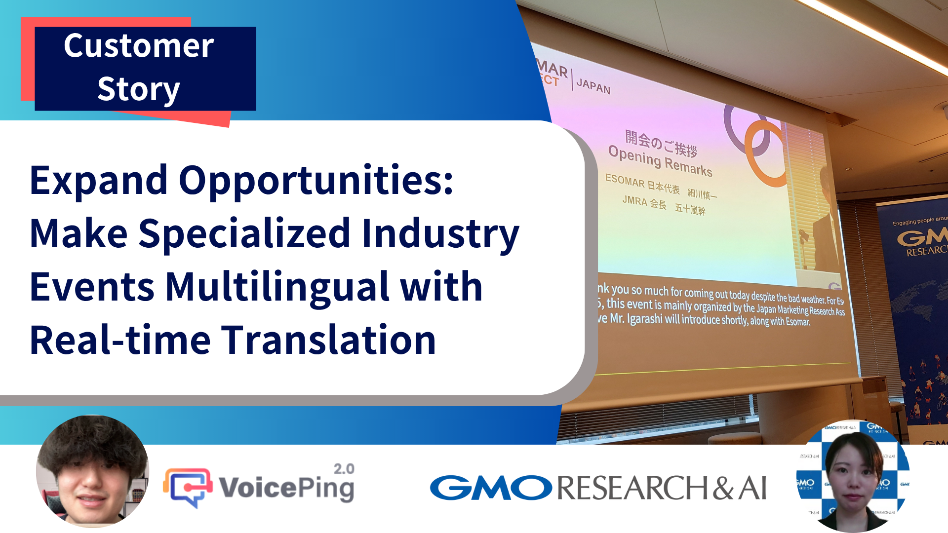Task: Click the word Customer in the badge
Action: pos(139,46)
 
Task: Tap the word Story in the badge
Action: pos(138,89)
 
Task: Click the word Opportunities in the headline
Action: pos(316,181)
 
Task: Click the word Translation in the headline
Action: pos(328,340)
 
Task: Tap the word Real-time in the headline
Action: pos(120,340)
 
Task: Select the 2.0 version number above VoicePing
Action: pos(344,469)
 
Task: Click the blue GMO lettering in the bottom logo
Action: pos(491,488)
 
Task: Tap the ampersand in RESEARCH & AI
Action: pos(723,488)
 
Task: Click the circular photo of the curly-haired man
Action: pos(92,471)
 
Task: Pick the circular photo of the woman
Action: pos(853,476)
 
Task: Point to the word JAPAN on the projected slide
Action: pos(593,86)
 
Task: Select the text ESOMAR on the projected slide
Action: pos(625,181)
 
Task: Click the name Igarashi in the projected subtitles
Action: pos(645,319)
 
